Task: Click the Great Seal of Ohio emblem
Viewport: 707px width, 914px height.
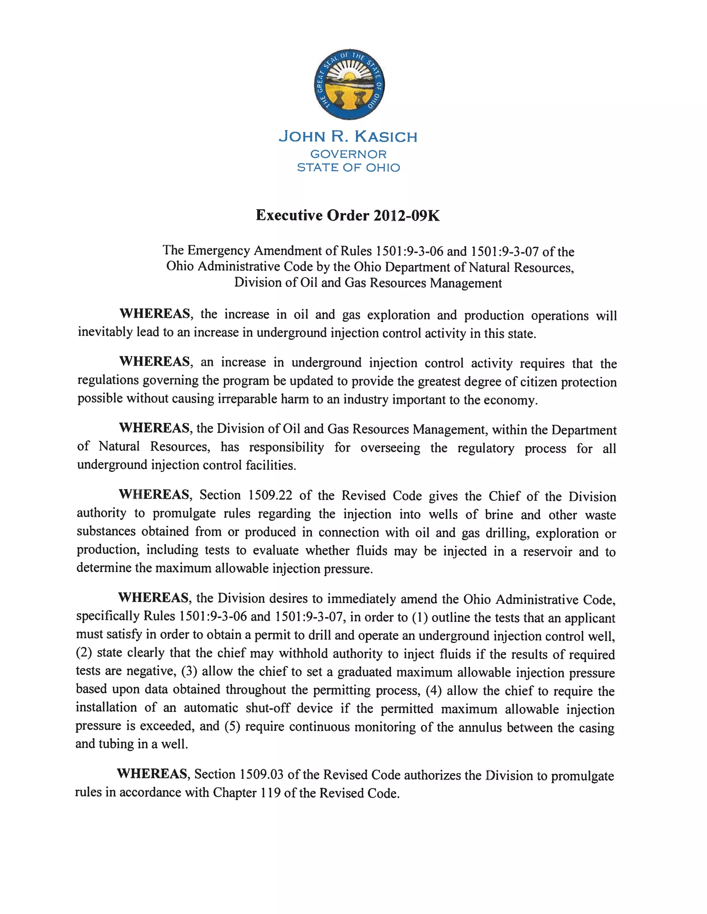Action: click(349, 84)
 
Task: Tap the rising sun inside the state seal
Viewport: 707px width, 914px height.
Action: click(349, 76)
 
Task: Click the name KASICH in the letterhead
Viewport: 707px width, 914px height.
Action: click(386, 137)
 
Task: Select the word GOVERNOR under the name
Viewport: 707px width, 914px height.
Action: click(348, 154)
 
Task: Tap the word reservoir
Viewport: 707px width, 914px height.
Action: click(547, 552)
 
